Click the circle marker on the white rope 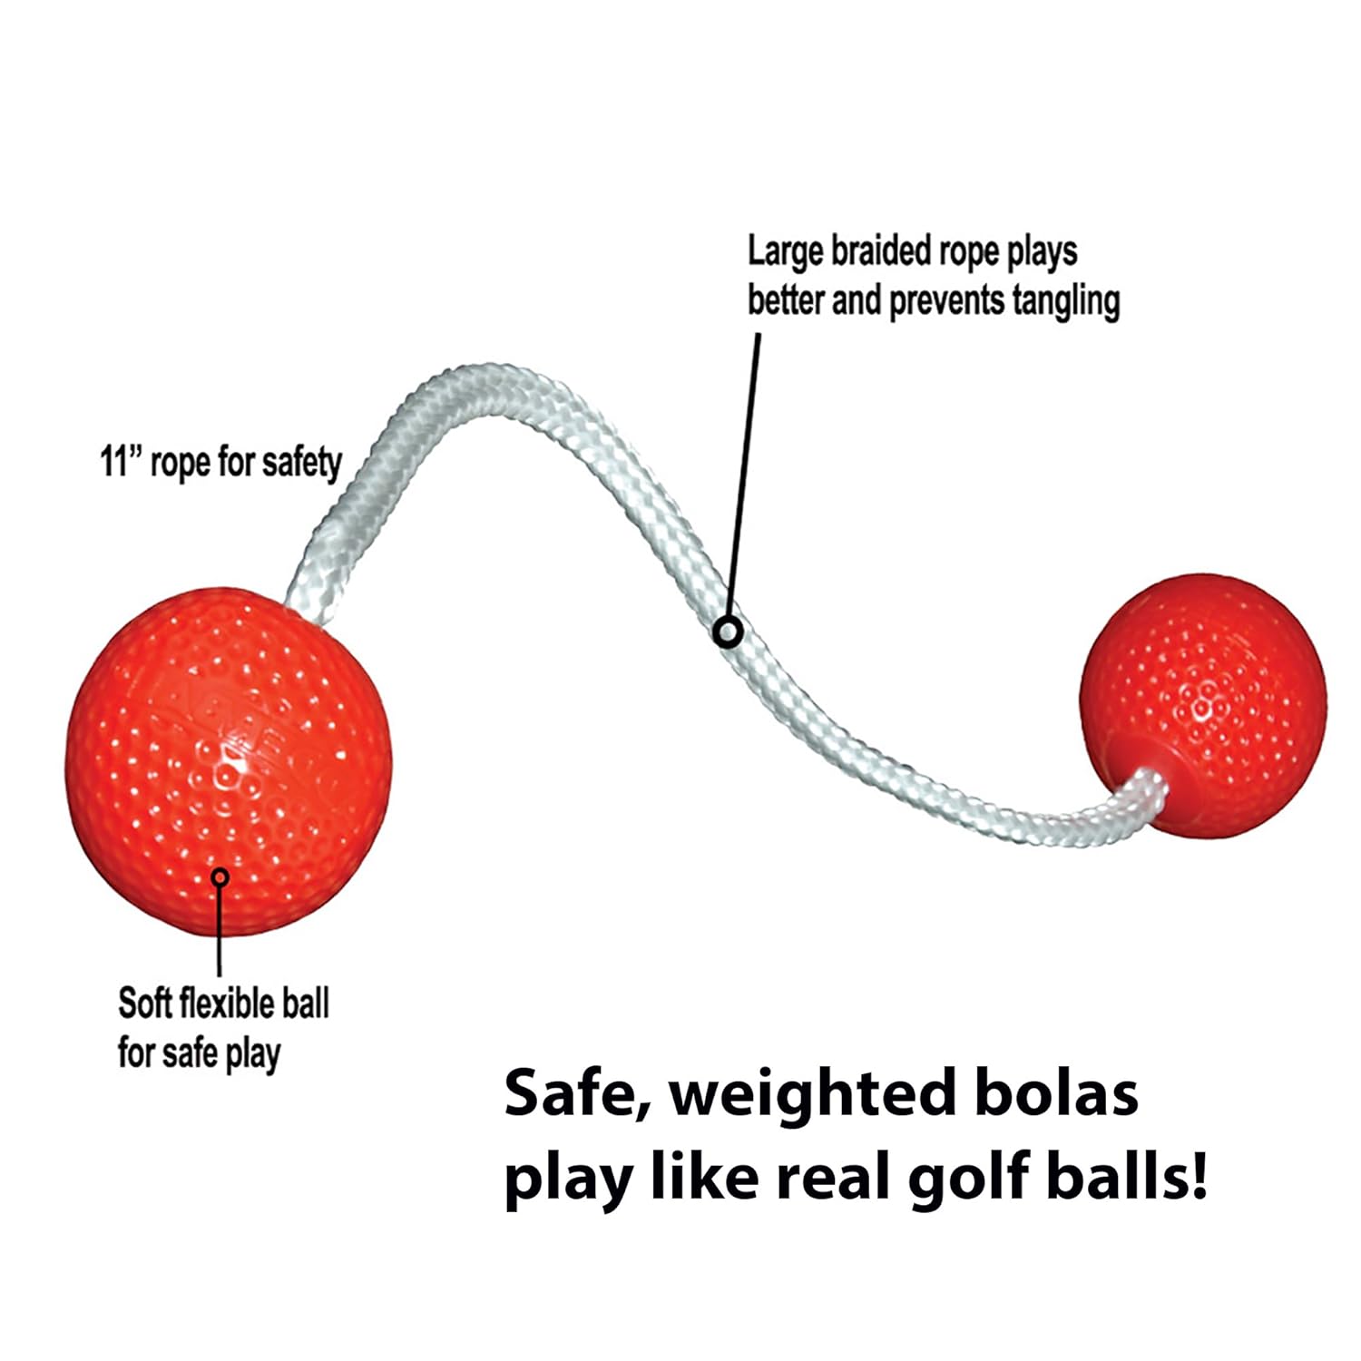tap(728, 632)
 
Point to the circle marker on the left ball tap(220, 876)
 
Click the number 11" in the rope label tap(120, 462)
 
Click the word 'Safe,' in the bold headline tap(577, 1094)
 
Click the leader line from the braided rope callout tap(744, 472)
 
